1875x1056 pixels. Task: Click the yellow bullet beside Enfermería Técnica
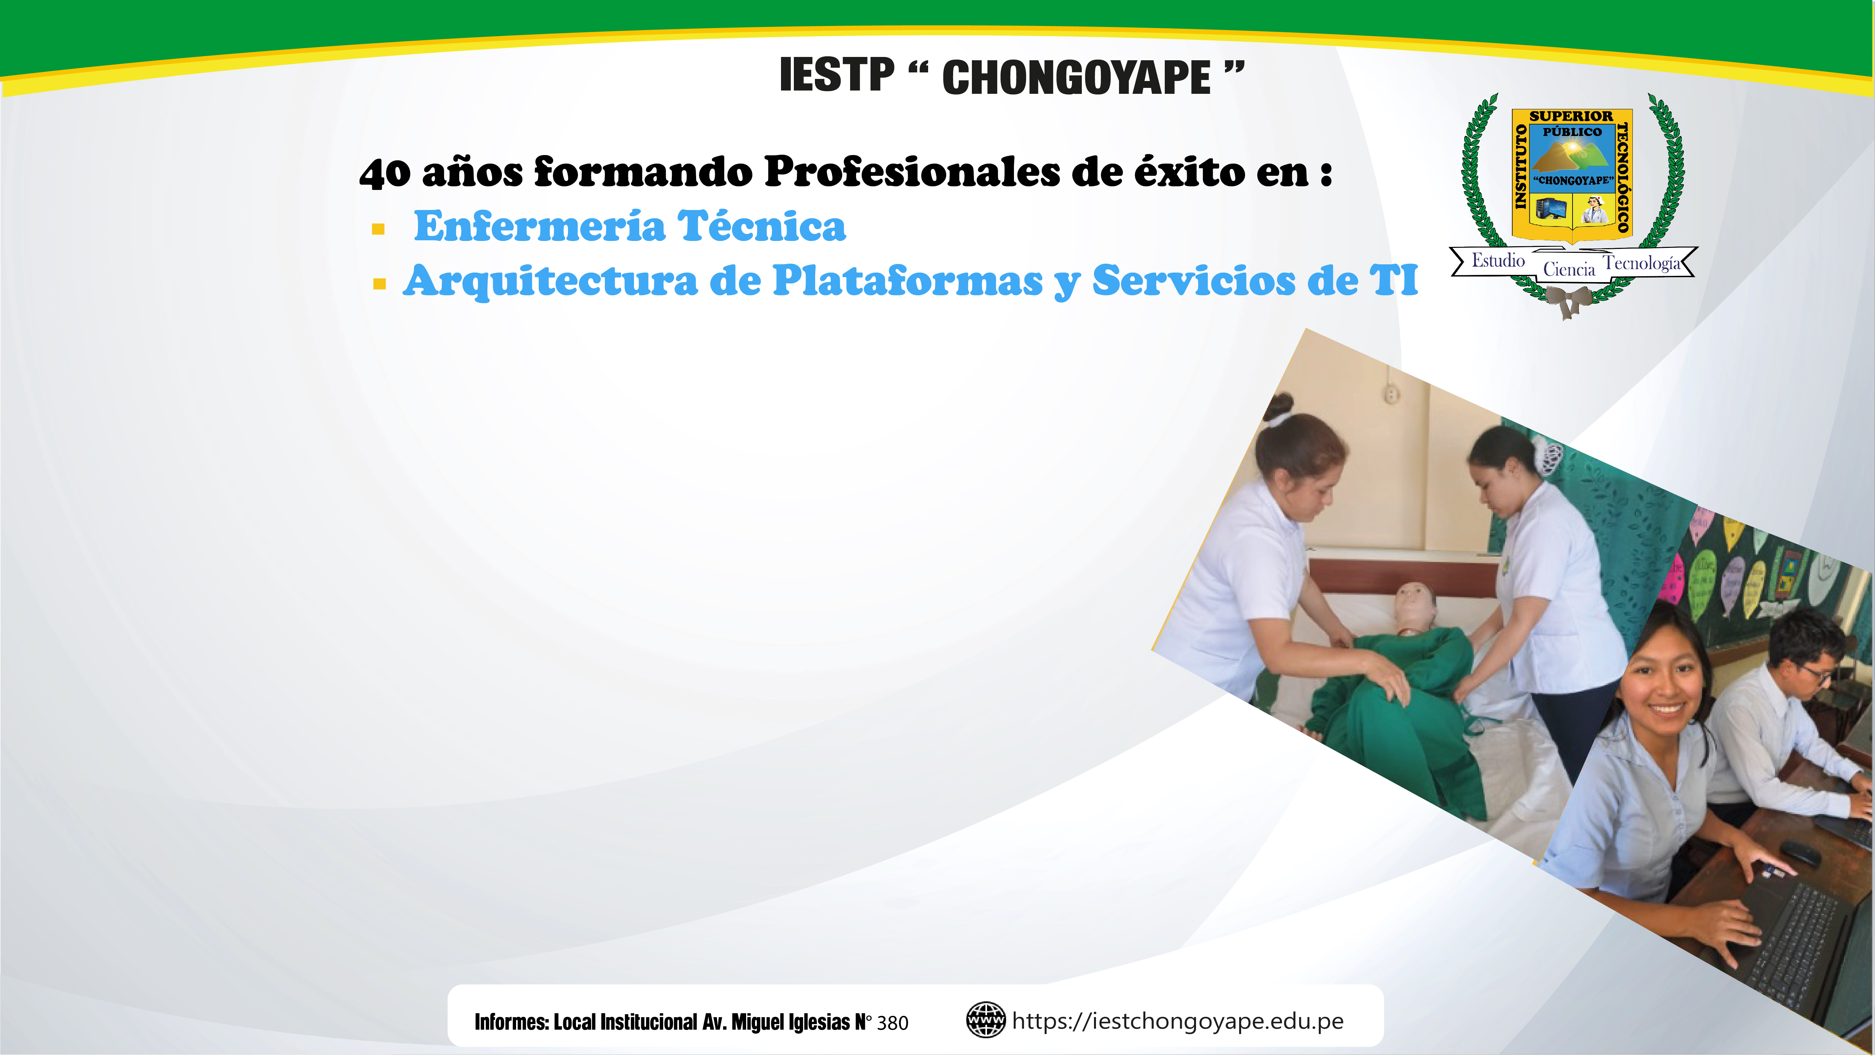point(378,230)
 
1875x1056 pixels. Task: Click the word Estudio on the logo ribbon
point(1498,260)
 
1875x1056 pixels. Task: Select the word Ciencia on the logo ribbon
point(1569,269)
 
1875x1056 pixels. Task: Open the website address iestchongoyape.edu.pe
point(1178,1021)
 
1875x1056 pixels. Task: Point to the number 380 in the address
point(892,1023)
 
